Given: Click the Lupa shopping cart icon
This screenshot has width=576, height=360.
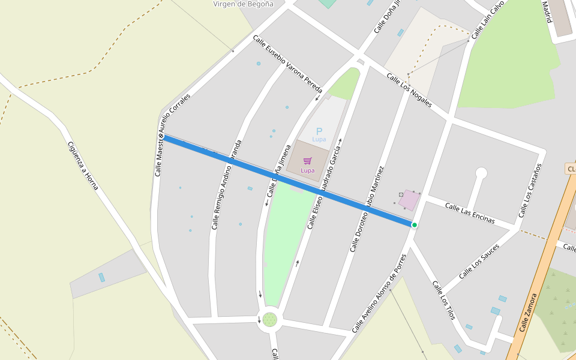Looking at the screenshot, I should (308, 161).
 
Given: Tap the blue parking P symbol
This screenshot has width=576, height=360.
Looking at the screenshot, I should (319, 131).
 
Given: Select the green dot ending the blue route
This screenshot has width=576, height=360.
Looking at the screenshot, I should (414, 225).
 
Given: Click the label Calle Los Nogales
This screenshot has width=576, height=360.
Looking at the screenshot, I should (409, 90).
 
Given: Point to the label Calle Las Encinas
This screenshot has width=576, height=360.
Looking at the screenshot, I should (470, 213).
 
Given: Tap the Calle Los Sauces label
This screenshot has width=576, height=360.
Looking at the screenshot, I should (479, 262).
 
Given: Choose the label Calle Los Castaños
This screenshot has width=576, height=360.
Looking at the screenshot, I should (530, 190).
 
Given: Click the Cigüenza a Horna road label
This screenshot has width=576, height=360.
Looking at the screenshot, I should (83, 166).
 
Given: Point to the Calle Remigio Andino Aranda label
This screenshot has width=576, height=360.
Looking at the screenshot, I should (226, 185).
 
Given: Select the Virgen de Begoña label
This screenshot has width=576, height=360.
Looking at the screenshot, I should (243, 4).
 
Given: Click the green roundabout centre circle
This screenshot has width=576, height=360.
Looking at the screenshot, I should (270, 319).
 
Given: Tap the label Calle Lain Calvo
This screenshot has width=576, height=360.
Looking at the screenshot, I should (487, 20).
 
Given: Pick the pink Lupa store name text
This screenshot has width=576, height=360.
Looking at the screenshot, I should (307, 170).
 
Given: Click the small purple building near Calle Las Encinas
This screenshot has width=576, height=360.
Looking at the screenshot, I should (410, 200).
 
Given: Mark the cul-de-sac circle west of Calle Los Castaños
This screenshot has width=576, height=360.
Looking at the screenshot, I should (481, 173).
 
